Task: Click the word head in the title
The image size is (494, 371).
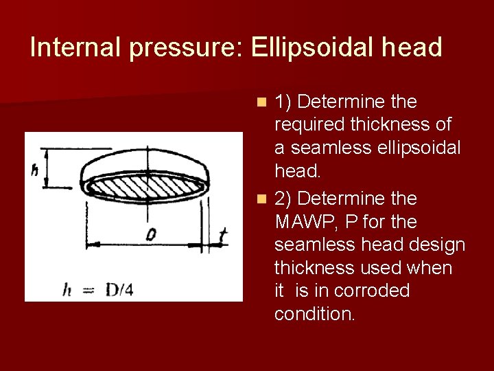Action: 413,48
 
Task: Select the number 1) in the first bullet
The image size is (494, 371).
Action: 283,102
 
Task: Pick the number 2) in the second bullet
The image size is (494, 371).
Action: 283,199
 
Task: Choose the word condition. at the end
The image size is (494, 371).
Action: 315,314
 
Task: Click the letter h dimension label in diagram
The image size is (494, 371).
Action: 34,170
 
